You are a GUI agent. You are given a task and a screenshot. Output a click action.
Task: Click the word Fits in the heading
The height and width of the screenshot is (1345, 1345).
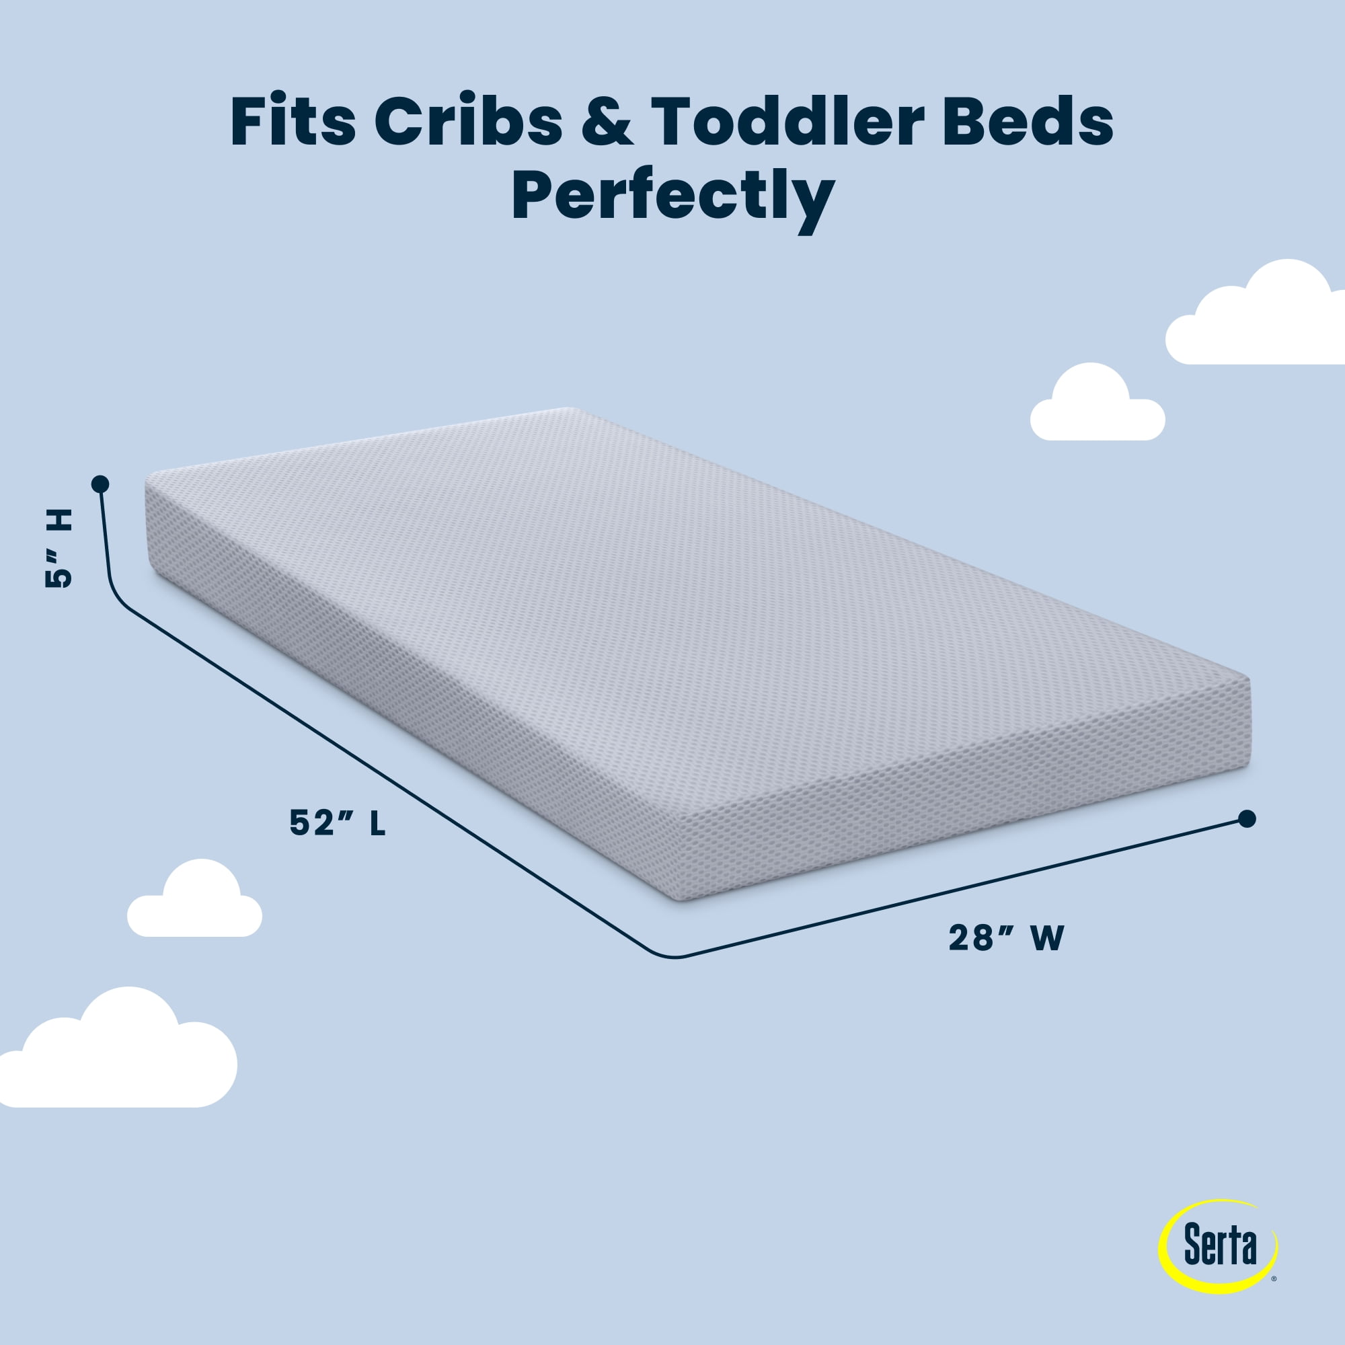point(293,122)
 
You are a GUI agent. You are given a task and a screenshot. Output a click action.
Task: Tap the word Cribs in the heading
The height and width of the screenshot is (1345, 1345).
point(469,122)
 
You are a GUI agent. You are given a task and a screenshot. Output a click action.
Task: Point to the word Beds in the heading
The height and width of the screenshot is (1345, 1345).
point(1028,122)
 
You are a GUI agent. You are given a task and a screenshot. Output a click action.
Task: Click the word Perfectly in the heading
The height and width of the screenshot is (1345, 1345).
point(673,198)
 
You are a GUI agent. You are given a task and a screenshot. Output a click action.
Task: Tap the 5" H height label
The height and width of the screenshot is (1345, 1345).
point(59,549)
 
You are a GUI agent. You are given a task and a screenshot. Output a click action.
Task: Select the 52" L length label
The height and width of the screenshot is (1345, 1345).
point(338,824)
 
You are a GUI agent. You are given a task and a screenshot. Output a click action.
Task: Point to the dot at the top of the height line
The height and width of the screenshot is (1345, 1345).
point(100,483)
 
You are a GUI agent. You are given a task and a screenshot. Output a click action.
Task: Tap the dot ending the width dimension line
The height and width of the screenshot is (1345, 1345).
point(1247,818)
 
